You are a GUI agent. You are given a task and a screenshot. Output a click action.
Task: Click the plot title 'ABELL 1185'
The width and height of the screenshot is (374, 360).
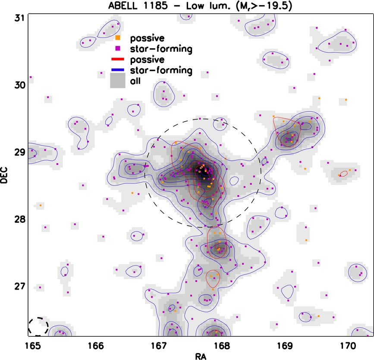(138, 6)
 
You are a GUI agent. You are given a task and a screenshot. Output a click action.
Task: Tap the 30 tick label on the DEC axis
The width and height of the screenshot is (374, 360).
(20, 85)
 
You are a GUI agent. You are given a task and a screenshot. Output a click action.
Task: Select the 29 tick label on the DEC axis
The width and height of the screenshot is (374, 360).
(20, 152)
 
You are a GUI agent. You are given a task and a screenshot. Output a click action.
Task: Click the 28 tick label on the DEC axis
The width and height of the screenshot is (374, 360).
(20, 219)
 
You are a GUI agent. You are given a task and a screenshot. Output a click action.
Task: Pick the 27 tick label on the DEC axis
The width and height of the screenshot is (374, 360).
(20, 286)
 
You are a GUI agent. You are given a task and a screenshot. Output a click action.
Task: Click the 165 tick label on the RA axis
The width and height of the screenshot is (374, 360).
(33, 346)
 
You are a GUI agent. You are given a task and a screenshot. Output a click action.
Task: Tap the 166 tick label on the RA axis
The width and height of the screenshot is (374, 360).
(96, 346)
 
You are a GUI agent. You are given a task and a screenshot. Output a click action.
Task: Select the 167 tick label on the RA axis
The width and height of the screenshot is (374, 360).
(159, 346)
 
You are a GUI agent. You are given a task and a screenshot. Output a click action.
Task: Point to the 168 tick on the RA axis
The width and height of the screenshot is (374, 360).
(222, 346)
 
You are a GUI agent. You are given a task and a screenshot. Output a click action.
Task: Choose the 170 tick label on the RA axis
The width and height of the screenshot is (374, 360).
(346, 346)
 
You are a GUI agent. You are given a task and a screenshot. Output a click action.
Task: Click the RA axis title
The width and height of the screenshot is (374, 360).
(201, 356)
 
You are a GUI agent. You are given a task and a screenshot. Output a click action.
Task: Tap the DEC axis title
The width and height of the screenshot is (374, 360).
(4, 175)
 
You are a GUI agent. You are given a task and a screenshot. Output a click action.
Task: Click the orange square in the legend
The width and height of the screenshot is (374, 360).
(118, 38)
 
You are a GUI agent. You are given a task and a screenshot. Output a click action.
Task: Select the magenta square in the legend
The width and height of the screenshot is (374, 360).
(118, 48)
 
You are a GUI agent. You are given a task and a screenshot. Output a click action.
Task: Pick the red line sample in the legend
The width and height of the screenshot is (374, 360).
(118, 59)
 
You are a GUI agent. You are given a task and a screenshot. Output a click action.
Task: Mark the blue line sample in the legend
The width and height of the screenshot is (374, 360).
(118, 69)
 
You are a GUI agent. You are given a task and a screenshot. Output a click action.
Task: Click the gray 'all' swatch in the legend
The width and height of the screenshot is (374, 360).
(118, 80)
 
